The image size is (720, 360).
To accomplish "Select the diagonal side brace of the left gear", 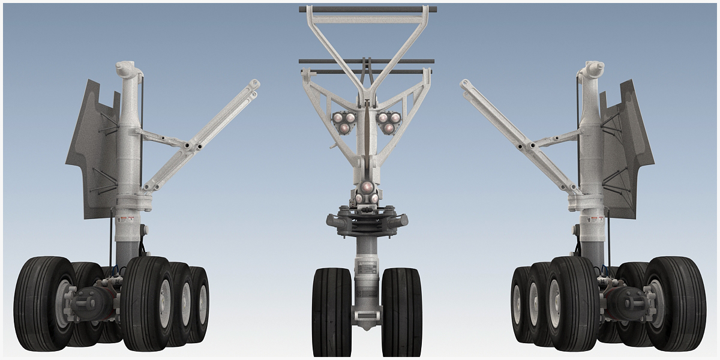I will coord(204,135).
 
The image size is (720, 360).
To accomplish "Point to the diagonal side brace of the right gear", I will coord(516,135).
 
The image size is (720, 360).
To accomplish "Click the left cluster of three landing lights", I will coord(344,122).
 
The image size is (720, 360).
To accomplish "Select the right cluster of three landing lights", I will coord(389,122).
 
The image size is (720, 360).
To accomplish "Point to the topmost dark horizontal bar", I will coord(368,10).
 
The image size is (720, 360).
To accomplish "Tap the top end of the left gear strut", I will coord(127,68).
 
